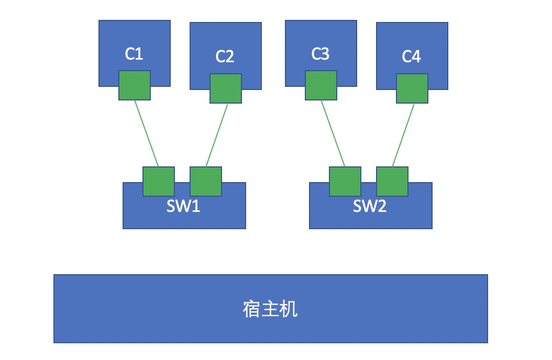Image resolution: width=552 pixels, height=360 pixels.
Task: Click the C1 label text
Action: tap(134, 53)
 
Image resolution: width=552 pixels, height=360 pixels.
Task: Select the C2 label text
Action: tap(225, 56)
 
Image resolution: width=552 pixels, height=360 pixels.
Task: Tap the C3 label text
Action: tap(320, 53)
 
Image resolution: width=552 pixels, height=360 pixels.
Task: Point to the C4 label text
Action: tap(411, 56)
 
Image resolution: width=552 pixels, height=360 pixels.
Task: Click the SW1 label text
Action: tap(183, 206)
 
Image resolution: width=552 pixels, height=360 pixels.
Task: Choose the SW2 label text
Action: tap(370, 206)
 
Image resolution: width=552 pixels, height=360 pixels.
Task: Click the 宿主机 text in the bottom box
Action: tap(270, 309)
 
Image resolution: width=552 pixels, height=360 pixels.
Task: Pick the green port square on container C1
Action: tap(135, 85)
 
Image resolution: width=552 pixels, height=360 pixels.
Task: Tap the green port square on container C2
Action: tap(226, 88)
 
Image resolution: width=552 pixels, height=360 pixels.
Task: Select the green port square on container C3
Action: tap(321, 85)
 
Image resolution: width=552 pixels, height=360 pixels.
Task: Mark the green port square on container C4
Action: tap(412, 88)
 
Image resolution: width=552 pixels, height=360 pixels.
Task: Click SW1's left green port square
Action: tap(159, 182)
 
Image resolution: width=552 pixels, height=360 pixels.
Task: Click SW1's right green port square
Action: tap(206, 182)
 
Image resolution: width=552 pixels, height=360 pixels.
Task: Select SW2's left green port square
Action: tap(345, 182)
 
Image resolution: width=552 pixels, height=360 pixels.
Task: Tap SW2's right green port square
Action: tap(392, 182)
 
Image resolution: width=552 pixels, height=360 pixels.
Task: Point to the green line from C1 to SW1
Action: tap(147, 133)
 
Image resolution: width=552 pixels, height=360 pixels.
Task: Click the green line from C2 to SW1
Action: tap(217, 135)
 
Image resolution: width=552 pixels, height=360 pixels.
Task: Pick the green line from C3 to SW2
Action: tap(333, 133)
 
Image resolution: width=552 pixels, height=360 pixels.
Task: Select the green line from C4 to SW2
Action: tap(403, 135)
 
